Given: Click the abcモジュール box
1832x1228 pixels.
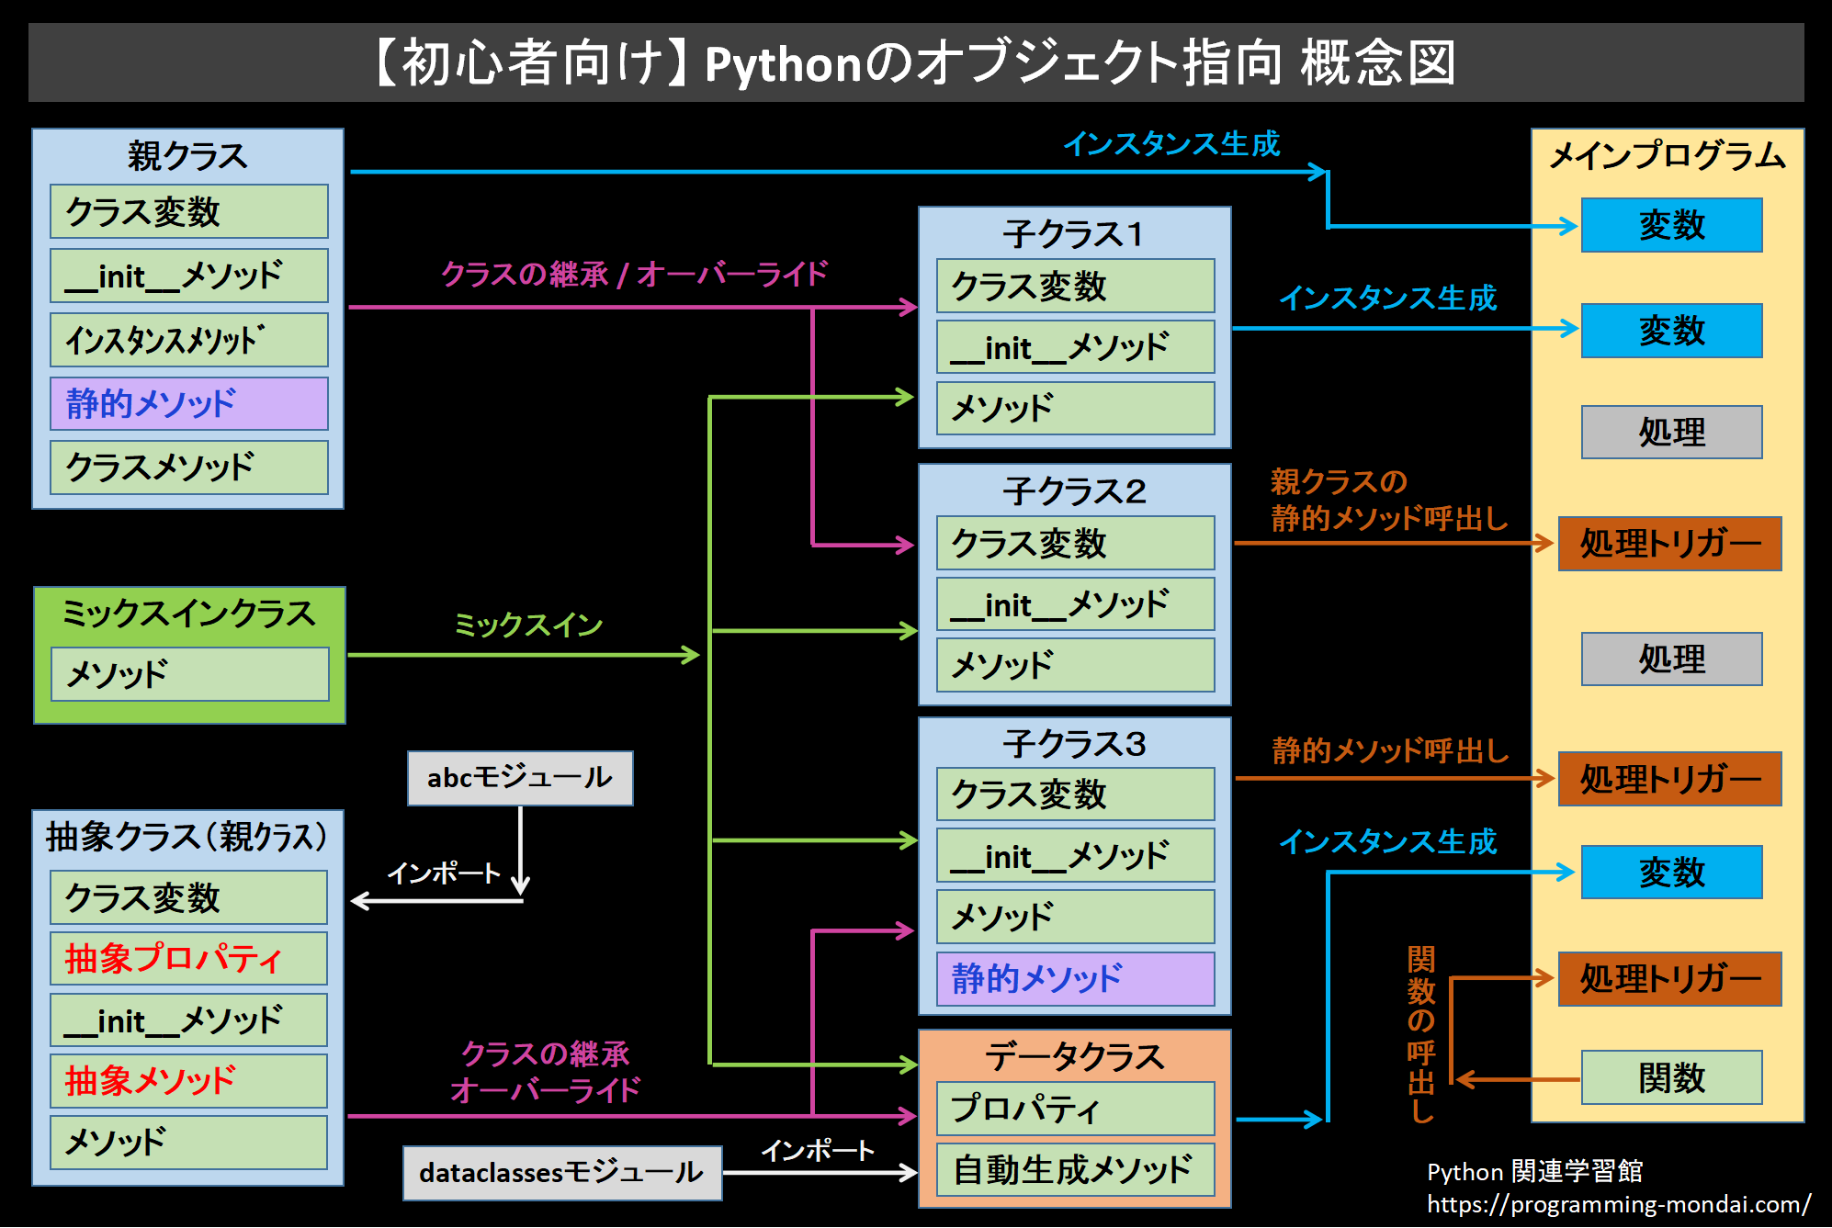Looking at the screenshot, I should point(520,778).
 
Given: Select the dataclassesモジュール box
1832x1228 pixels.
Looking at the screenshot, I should point(561,1173).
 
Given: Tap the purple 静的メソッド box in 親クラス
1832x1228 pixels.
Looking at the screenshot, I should point(188,403).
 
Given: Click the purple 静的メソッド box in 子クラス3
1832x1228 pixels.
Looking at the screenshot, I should point(1075,979).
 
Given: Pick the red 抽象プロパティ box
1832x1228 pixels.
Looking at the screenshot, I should point(188,959).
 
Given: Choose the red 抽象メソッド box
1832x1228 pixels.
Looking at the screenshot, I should point(188,1081).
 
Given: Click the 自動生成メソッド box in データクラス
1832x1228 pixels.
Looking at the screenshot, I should point(1075,1170).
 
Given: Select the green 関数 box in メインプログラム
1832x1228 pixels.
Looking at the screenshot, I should point(1671,1077).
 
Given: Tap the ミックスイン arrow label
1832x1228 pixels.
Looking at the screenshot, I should point(528,625).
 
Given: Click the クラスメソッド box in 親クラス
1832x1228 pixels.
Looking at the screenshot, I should point(188,468).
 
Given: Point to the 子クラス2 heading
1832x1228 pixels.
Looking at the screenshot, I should point(1074,491).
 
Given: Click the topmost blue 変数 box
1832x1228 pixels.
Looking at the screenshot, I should point(1671,225).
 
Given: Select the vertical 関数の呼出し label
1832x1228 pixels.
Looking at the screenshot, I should point(1420,1034).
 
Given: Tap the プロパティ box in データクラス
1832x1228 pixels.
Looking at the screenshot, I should point(1075,1109).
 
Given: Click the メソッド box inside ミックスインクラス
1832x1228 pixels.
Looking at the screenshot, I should point(189,674).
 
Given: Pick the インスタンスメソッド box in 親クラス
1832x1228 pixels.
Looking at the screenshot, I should point(188,340).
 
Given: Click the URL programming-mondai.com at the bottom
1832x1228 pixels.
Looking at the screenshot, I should point(1618,1204).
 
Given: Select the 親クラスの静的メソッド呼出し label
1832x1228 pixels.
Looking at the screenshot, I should point(1388,500).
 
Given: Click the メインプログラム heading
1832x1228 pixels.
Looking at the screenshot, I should point(1667,156).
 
